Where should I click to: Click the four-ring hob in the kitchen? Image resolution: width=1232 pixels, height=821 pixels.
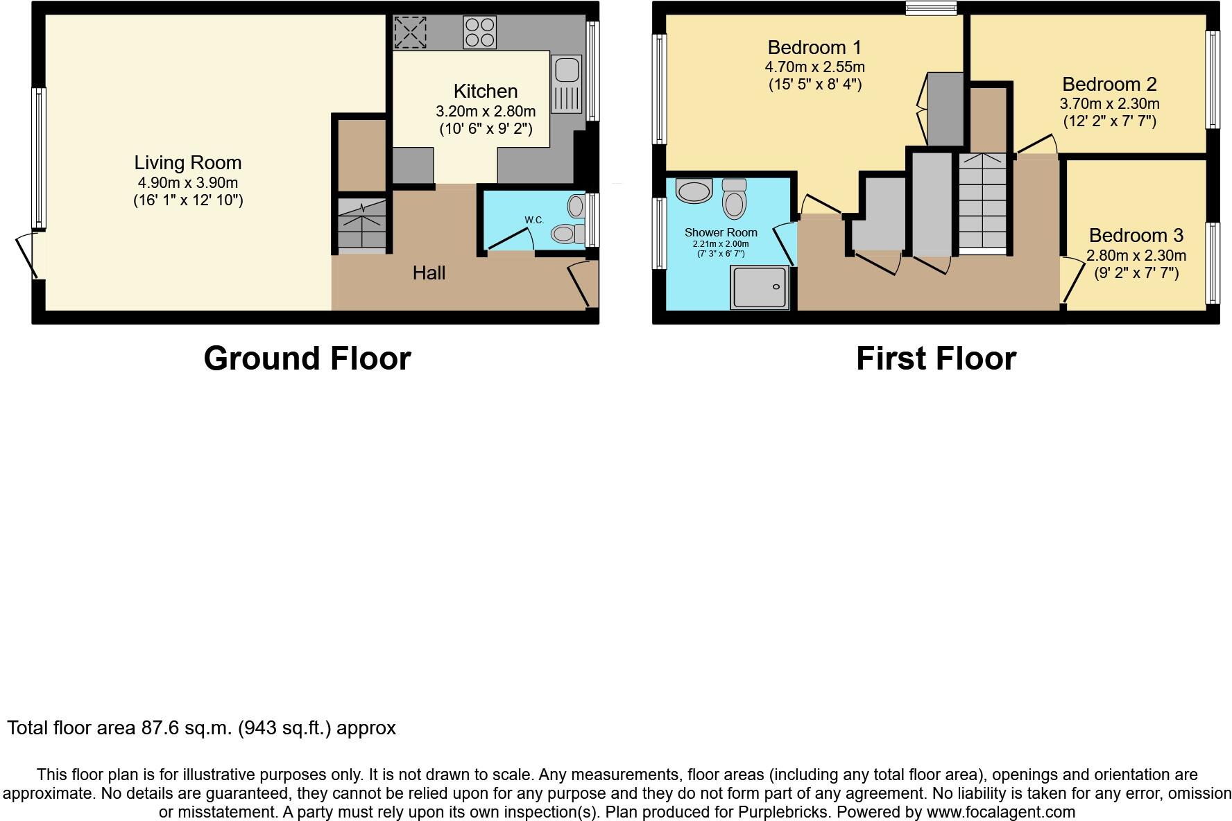[x=479, y=32]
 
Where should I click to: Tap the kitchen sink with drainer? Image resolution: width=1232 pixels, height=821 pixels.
[x=567, y=84]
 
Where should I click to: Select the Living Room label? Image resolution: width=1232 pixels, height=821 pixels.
[x=188, y=163]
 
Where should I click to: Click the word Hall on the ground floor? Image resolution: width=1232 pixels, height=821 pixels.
[x=429, y=273]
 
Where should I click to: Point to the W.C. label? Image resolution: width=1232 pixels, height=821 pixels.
[x=534, y=220]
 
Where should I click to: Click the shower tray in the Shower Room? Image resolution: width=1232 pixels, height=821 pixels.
[x=760, y=287]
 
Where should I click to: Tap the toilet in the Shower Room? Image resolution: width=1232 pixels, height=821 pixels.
[x=734, y=199]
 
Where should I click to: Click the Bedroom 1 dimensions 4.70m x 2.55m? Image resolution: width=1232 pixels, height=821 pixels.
[x=814, y=67]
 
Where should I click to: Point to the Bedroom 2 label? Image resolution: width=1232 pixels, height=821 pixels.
[x=1109, y=85]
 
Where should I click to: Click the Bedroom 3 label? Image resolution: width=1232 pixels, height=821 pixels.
[x=1136, y=236]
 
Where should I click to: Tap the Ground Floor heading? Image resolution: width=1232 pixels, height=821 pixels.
[x=307, y=358]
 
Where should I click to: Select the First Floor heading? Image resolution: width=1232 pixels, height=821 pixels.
[x=936, y=358]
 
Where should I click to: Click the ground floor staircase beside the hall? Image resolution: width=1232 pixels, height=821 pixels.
[x=361, y=223]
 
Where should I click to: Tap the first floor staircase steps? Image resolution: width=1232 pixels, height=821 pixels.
[x=982, y=201]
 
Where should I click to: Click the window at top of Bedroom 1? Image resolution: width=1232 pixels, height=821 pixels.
[x=931, y=8]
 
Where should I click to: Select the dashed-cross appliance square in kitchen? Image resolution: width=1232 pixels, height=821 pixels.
[x=410, y=32]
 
